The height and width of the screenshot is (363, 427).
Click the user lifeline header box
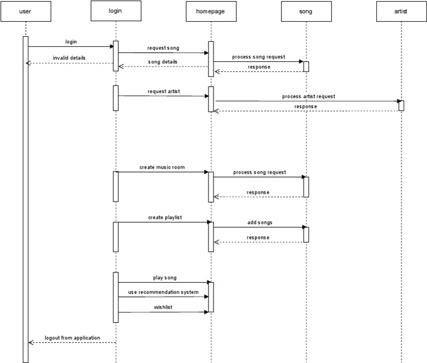(26, 11)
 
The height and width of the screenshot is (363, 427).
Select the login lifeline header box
(116, 11)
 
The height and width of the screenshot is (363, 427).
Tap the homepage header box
(211, 11)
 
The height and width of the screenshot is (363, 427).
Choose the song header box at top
(306, 11)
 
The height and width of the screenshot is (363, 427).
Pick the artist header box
(401, 11)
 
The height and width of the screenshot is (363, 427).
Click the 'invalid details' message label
(69, 58)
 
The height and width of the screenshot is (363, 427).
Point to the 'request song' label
(163, 48)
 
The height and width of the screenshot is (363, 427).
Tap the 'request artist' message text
(163, 91)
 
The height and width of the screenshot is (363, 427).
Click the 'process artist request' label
(309, 96)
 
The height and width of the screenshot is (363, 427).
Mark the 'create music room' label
(162, 167)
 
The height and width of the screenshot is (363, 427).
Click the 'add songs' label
(260, 222)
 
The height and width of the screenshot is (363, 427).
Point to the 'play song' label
(165, 277)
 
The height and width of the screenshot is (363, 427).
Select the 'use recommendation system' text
(163, 292)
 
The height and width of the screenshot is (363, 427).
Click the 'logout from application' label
(72, 337)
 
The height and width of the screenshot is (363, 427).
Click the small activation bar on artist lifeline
(401, 105)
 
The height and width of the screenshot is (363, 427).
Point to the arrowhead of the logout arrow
(31, 342)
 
